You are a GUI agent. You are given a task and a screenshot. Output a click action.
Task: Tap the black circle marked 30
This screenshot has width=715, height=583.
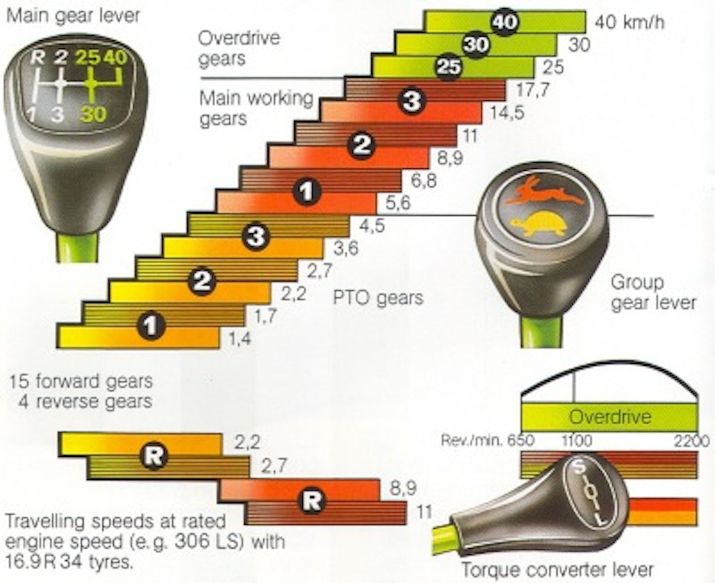pyautogui.click(x=475, y=45)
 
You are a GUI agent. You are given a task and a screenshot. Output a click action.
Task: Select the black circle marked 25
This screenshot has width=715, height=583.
pyautogui.click(x=448, y=67)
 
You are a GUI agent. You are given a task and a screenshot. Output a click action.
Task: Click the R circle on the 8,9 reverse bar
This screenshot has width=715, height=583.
pyautogui.click(x=310, y=501)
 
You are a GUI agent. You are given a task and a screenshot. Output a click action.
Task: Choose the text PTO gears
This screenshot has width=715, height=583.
pyautogui.click(x=378, y=298)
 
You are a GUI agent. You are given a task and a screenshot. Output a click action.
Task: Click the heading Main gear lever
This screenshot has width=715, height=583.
pyautogui.click(x=73, y=15)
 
